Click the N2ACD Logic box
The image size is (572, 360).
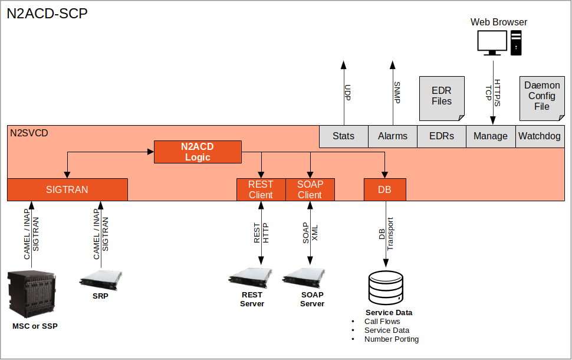coord(198,152)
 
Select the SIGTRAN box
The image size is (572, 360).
coord(67,189)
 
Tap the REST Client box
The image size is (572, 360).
coord(261,189)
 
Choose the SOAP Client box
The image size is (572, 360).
coord(310,189)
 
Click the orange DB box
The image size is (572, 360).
coord(385,189)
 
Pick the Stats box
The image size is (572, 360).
coord(343,136)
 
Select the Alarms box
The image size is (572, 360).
coord(393,136)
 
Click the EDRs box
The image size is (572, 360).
coord(442,136)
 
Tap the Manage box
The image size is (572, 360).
coord(491,136)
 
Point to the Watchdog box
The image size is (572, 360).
coord(540,136)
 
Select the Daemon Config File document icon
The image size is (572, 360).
coord(541,97)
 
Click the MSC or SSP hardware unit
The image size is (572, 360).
coord(32,293)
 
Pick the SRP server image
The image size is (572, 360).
coord(101,279)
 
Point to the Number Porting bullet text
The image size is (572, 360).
coord(392,339)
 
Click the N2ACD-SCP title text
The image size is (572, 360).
coord(47,14)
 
